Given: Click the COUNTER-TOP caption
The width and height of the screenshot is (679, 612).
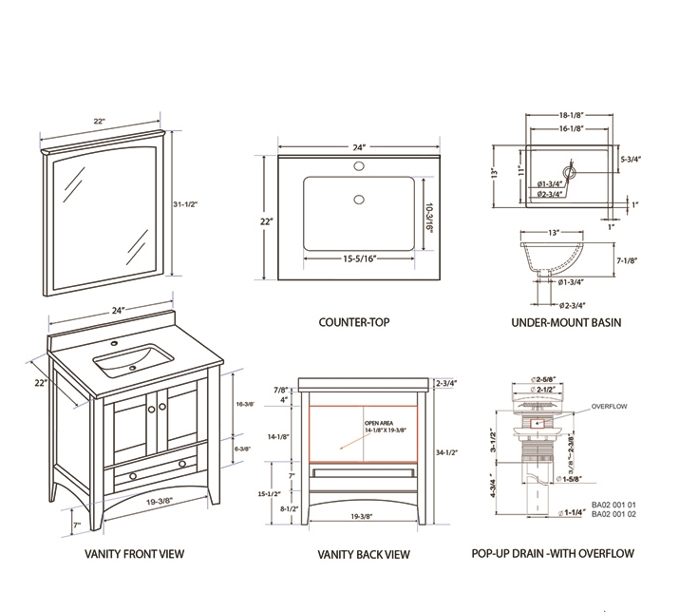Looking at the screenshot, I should pos(353,322).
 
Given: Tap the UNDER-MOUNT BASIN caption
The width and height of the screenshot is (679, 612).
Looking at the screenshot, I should pos(566,322).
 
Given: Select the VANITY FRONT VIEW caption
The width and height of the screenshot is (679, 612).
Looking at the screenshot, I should pos(134,554).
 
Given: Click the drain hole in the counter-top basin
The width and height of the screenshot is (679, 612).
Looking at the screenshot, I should pos(358,200).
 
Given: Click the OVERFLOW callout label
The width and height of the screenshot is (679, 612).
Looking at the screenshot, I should pos(610,406).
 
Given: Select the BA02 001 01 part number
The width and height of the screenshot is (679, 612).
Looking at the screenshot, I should pos(613,505).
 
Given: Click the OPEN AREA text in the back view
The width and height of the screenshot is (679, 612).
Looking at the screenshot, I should pos(379,423).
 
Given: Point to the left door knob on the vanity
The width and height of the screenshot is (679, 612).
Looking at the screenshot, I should pos(149,407).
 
